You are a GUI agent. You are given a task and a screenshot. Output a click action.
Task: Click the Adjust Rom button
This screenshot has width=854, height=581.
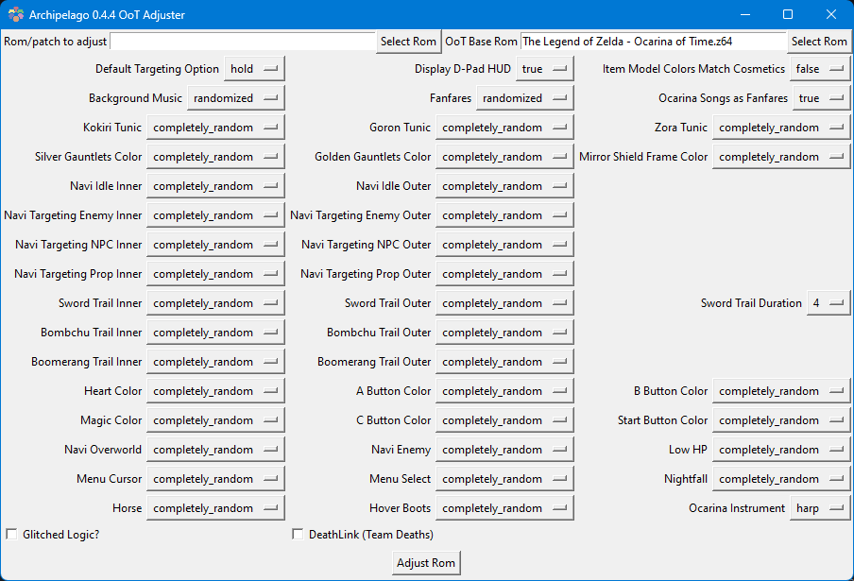point(426,562)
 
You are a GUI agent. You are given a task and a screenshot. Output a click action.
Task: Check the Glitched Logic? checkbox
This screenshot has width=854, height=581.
point(11,534)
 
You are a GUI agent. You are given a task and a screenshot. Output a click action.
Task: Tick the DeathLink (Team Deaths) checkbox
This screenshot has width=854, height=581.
point(298,534)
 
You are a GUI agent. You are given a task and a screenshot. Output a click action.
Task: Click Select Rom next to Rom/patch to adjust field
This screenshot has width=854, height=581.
point(408,42)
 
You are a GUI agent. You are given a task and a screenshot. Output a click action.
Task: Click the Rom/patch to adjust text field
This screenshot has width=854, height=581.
point(243,42)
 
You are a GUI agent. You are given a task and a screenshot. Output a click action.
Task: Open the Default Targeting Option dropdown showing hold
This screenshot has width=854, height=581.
point(254,69)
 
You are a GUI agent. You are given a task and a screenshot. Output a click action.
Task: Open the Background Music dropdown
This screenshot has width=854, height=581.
point(236,98)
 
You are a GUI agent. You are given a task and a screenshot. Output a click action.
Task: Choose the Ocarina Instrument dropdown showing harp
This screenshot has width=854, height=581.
point(820,508)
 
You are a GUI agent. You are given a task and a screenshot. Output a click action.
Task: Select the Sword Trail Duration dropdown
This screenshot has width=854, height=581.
point(828,302)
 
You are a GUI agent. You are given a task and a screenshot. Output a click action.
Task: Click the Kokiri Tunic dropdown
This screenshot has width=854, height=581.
point(215,128)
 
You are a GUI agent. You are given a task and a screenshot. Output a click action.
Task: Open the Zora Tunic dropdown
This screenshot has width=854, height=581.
point(781,128)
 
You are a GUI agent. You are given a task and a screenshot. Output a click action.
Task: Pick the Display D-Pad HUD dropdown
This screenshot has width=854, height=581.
point(545,69)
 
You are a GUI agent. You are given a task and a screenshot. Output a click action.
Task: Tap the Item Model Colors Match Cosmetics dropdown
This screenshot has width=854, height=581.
point(820,69)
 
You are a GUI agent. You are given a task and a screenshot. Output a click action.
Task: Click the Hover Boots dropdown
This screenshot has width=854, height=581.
point(504,508)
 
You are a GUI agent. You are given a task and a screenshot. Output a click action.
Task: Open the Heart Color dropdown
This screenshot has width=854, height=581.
point(215,391)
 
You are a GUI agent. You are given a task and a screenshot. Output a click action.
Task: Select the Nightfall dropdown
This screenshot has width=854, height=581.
point(781,479)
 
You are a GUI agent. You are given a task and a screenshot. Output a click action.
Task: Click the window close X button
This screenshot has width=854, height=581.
point(830,14)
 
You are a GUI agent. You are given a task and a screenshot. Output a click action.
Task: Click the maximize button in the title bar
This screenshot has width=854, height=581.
point(788,14)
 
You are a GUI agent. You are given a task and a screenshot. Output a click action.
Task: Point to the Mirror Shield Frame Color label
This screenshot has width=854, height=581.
point(643,157)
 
